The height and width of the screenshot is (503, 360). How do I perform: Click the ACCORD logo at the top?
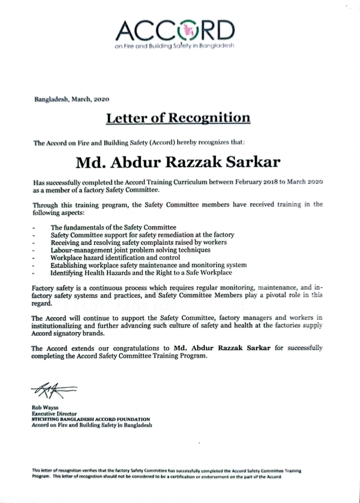point(176,31)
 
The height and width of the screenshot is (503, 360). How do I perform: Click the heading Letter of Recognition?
point(178,118)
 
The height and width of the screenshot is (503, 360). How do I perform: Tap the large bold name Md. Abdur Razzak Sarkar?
point(178,162)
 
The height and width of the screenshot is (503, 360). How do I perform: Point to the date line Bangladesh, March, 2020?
point(72,99)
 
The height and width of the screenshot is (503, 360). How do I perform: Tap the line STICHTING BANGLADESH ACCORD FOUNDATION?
point(91,419)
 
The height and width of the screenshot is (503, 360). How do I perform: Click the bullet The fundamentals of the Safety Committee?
point(113,227)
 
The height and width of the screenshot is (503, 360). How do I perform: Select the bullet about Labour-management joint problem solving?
point(130,250)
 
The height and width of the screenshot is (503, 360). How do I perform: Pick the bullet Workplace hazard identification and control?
point(115,257)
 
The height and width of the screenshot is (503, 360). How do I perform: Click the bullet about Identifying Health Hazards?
point(141,272)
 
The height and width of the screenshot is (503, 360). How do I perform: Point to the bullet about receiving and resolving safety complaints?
point(138,242)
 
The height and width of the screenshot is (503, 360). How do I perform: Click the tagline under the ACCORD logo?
point(174,46)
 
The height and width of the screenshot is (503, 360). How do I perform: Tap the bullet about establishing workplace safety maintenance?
point(149,265)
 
